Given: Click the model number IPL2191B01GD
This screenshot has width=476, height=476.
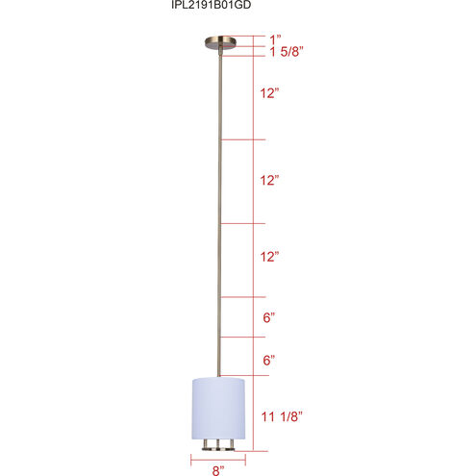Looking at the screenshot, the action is pyautogui.click(x=211, y=5).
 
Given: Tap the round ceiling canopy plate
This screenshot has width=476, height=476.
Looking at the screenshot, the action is pyautogui.click(x=220, y=43).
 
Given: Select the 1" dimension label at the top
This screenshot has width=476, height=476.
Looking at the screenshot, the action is pyautogui.click(x=275, y=40).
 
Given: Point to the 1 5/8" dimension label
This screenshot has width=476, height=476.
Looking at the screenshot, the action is pyautogui.click(x=287, y=51).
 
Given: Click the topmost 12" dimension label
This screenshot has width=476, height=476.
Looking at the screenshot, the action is pyautogui.click(x=269, y=93).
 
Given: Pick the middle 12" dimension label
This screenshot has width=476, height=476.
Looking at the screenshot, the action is pyautogui.click(x=269, y=180).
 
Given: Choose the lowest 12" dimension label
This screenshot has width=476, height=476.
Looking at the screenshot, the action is pyautogui.click(x=269, y=257).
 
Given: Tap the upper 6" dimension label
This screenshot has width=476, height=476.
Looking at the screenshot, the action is pyautogui.click(x=269, y=317).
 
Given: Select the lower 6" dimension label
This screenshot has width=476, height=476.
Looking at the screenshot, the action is pyautogui.click(x=269, y=361).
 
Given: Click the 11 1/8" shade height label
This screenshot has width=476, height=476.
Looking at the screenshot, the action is pyautogui.click(x=282, y=416).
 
